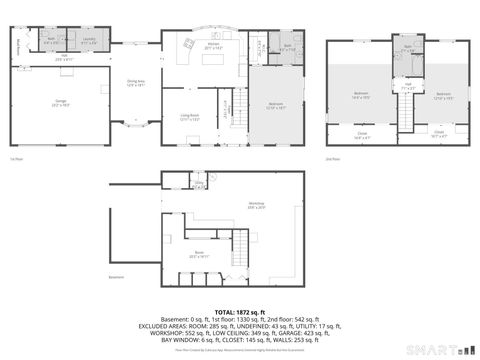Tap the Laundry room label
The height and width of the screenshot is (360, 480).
pos(89,42)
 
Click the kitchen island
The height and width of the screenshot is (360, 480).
pos(213,58)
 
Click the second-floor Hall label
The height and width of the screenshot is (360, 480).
pos(408,87)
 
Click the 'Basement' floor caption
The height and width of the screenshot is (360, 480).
pos(118,277)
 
